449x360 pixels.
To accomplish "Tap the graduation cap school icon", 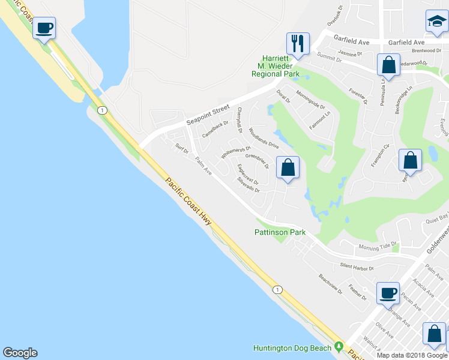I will [x=436, y=22].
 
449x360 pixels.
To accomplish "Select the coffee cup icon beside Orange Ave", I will [x=388, y=293].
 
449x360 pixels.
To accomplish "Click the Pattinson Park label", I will [x=280, y=232].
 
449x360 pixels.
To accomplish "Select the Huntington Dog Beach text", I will [x=293, y=347].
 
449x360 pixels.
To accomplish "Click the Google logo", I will [x=20, y=353].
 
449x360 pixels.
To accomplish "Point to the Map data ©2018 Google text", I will [x=412, y=355].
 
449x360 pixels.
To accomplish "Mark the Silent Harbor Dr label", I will [x=357, y=267].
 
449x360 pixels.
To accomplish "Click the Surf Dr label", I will [x=182, y=148].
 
